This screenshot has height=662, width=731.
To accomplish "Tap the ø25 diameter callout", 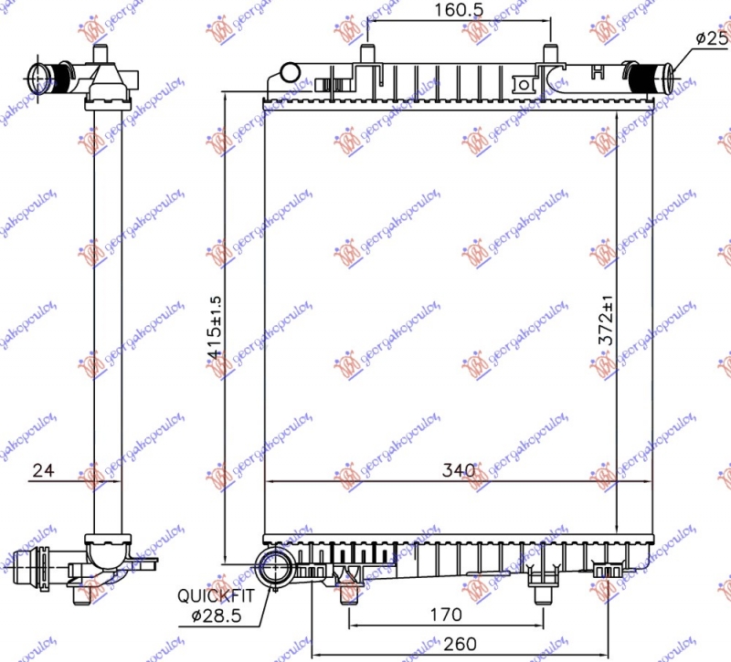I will pos(709,37).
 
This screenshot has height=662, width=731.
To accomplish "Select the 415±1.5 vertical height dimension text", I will pos(215,327).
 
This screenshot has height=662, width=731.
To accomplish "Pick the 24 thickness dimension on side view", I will pos(42,471).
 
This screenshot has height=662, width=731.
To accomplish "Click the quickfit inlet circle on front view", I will pos(274,566).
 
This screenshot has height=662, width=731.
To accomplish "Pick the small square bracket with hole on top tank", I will pos(524,85).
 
